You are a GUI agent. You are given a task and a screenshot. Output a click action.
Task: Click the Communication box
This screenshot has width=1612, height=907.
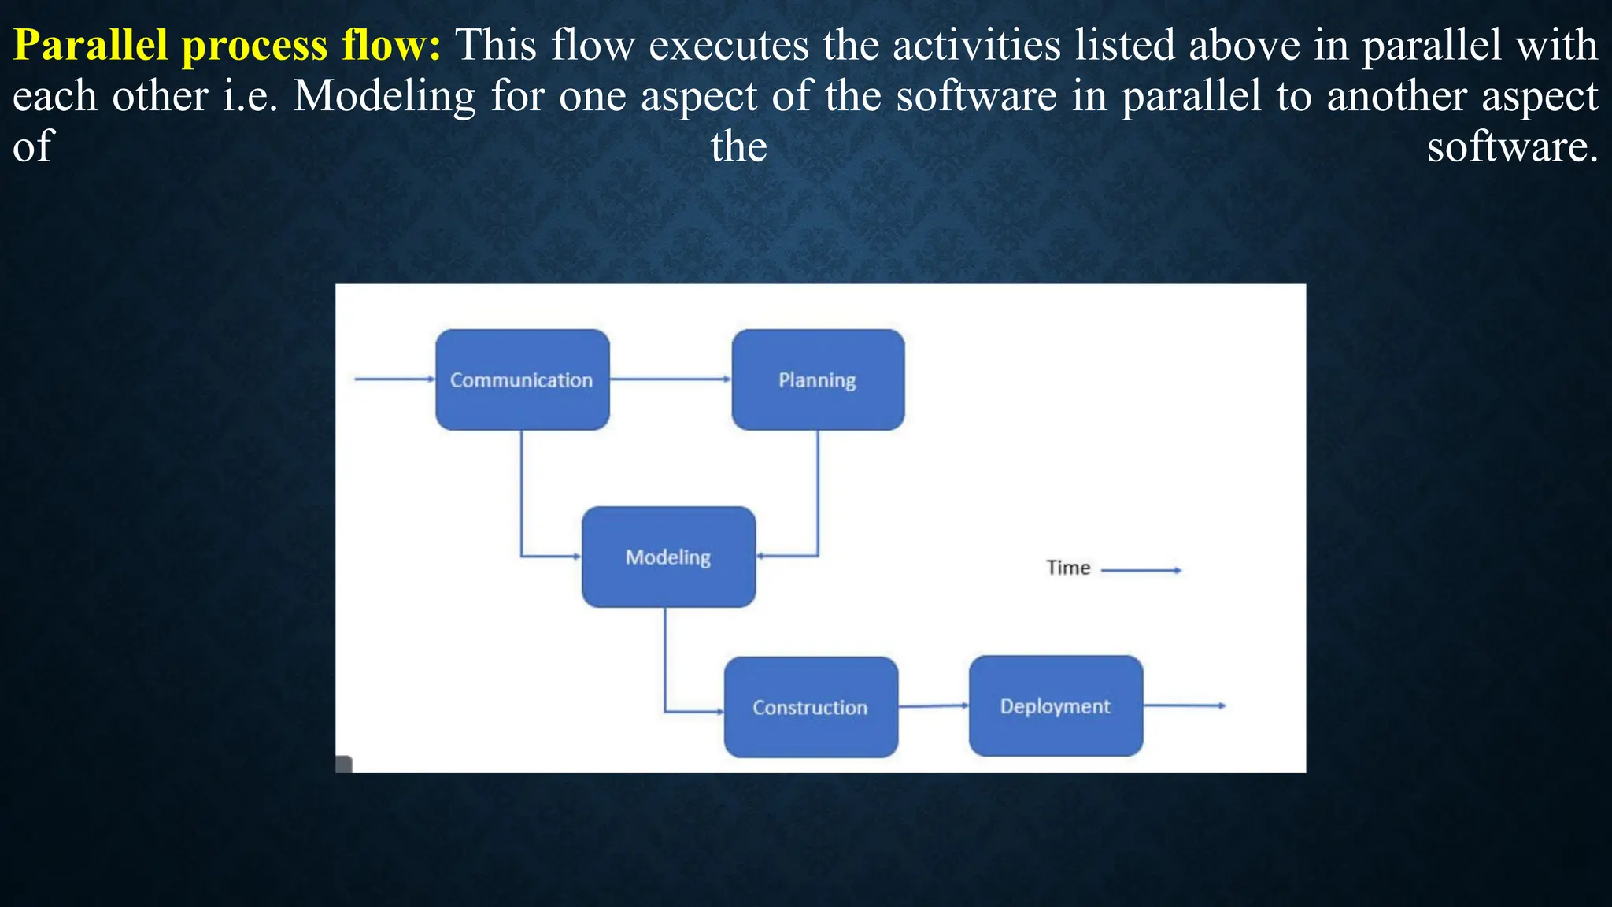pos(522,379)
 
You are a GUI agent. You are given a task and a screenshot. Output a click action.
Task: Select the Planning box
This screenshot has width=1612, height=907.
pos(818,379)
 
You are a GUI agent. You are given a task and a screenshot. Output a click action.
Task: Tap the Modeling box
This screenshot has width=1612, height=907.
pos(668,557)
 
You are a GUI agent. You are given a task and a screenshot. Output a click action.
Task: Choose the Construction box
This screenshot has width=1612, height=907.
pos(811,707)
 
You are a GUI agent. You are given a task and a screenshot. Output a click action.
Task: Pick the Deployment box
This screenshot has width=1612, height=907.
pos(1056,705)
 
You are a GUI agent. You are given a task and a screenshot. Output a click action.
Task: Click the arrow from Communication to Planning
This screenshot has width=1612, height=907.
pos(670,379)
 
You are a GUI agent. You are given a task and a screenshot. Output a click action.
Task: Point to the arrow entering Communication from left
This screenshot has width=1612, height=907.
pos(394,379)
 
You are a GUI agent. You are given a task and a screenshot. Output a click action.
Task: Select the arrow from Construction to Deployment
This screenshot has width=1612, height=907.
pos(933,705)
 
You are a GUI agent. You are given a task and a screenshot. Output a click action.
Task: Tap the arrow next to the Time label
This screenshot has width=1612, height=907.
pos(1141,570)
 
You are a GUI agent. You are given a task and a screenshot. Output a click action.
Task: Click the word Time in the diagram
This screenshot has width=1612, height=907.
pos(1068,568)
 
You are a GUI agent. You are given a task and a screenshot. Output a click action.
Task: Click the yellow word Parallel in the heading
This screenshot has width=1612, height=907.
pos(91,45)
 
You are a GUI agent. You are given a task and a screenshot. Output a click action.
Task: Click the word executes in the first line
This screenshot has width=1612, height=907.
pos(729,45)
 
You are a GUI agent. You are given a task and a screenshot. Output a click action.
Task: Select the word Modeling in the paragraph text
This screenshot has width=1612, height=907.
pos(384,97)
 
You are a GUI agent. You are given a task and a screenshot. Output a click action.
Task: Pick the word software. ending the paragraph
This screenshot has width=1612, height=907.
pos(1512,147)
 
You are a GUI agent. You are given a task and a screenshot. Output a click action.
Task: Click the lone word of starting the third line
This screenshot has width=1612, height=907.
pos(32,147)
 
